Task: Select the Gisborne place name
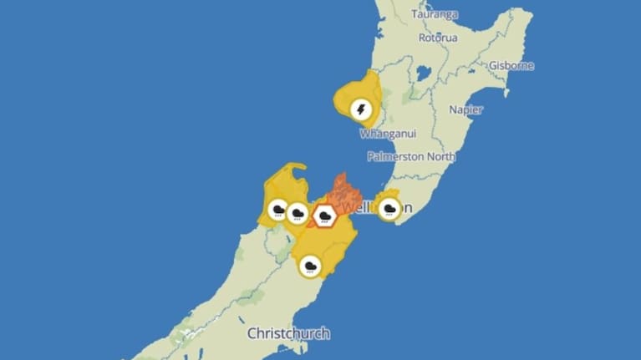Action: point(511,65)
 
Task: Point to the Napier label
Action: point(465,109)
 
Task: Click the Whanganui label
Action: point(387,134)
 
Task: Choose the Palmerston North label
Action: point(412,156)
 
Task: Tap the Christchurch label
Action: point(288,333)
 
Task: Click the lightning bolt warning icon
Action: point(361,109)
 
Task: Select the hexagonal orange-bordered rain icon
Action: point(324,216)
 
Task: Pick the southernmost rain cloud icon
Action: point(311,267)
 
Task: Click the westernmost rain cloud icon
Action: point(277,209)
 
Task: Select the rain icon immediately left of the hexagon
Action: point(297,213)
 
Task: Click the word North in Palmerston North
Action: point(440,156)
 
